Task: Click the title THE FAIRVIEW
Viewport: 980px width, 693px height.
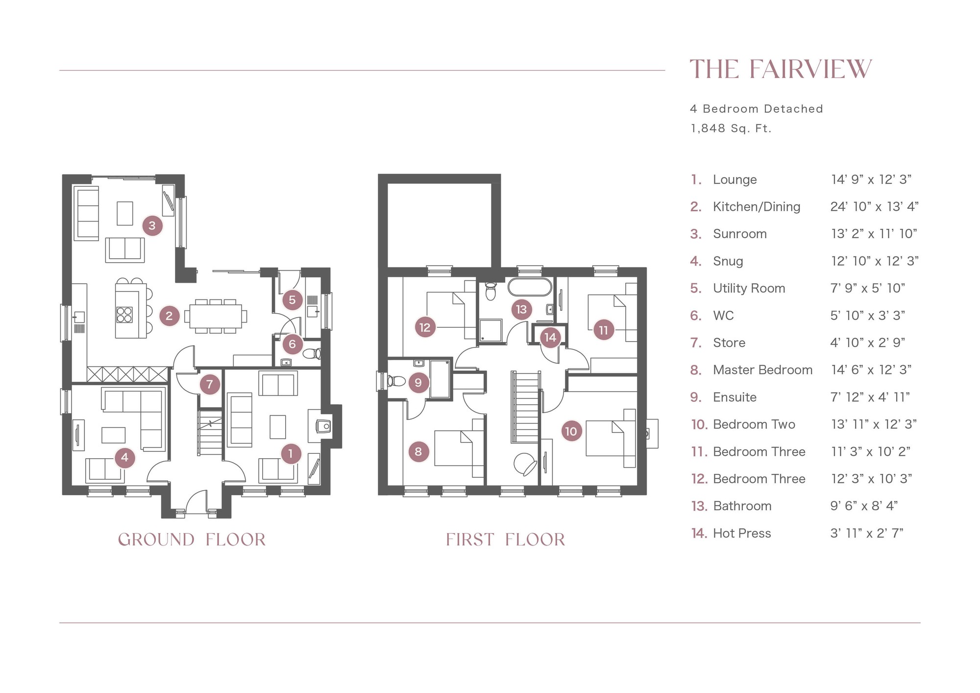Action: pyautogui.click(x=781, y=69)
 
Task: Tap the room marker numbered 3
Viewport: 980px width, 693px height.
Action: pyautogui.click(x=152, y=225)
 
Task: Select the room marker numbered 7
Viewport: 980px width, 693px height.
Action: pyautogui.click(x=210, y=384)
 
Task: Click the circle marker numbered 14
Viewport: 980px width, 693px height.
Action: pyautogui.click(x=550, y=337)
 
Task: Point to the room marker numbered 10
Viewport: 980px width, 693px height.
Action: pyautogui.click(x=571, y=431)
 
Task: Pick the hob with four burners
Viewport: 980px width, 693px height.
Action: pyautogui.click(x=124, y=314)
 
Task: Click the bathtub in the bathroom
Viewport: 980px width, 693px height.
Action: pyautogui.click(x=530, y=287)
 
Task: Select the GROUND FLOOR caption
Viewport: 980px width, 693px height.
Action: pyautogui.click(x=192, y=540)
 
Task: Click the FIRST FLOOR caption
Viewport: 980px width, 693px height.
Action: pyautogui.click(x=505, y=540)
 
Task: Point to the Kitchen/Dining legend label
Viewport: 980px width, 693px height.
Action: pyautogui.click(x=757, y=207)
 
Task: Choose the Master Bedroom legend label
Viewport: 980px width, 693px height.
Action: pyautogui.click(x=762, y=370)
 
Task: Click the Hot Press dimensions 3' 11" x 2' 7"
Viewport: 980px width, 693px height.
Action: pyautogui.click(x=867, y=533)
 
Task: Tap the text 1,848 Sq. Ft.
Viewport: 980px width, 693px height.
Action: pyautogui.click(x=731, y=128)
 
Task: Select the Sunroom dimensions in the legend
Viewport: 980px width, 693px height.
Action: pyautogui.click(x=874, y=234)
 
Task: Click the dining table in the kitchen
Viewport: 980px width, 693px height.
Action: pyautogui.click(x=216, y=316)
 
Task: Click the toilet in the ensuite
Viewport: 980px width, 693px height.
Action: pyautogui.click(x=396, y=381)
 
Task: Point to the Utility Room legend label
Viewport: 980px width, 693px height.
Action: pyautogui.click(x=749, y=288)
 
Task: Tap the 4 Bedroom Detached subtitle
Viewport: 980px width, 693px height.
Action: pyautogui.click(x=757, y=109)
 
